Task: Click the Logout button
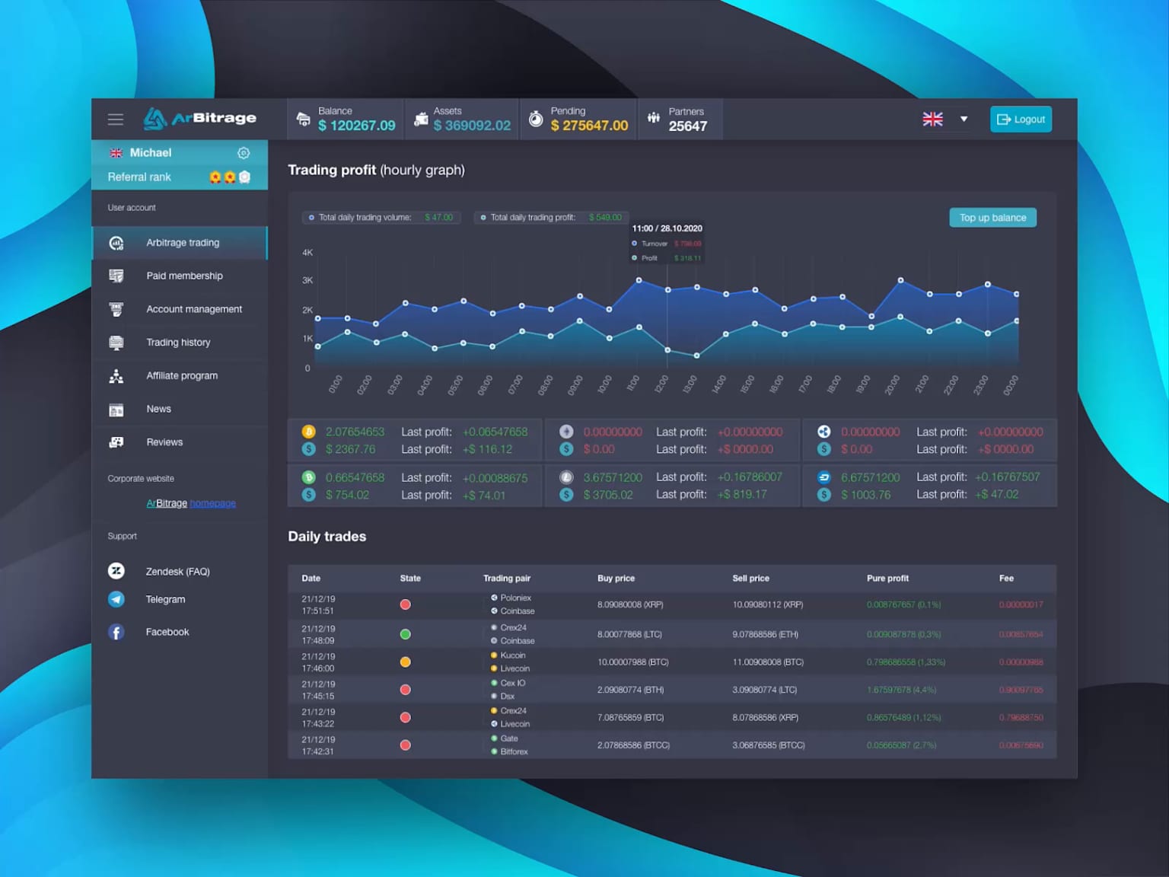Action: click(x=1021, y=120)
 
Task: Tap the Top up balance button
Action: click(x=992, y=218)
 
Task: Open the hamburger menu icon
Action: click(x=116, y=120)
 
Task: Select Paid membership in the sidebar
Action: click(x=184, y=276)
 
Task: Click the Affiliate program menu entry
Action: click(x=182, y=375)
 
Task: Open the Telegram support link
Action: click(x=165, y=599)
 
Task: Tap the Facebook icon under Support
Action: click(x=116, y=632)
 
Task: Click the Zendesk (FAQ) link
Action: click(x=177, y=571)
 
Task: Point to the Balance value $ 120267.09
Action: click(x=357, y=126)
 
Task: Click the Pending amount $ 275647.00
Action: click(x=590, y=126)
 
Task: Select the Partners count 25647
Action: click(x=688, y=126)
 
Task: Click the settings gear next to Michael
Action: click(x=244, y=153)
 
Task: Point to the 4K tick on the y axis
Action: click(x=307, y=253)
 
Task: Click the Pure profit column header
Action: click(x=887, y=579)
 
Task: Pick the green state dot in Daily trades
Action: click(x=406, y=634)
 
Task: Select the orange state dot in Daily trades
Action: click(x=406, y=662)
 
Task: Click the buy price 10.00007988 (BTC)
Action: click(x=633, y=662)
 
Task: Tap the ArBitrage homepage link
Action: click(x=191, y=503)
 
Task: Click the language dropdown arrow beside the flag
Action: click(x=964, y=120)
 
